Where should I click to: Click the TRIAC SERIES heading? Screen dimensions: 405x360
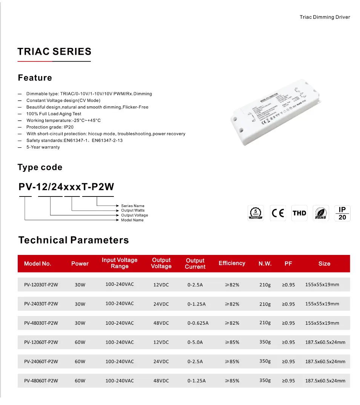(x=54, y=52)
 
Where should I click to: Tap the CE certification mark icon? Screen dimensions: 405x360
(x=278, y=213)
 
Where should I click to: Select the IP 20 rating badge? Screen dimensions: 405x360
(x=342, y=213)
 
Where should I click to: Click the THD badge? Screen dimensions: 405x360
(x=299, y=213)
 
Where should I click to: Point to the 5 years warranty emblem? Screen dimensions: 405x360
(x=256, y=213)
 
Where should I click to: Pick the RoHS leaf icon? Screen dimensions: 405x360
(x=320, y=213)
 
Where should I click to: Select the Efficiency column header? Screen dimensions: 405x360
(x=232, y=263)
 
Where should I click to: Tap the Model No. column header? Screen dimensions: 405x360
(x=38, y=264)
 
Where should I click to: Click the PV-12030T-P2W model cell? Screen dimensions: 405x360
(x=41, y=285)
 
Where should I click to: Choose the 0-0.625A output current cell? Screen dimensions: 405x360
(x=198, y=323)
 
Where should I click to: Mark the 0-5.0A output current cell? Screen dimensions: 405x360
(x=195, y=342)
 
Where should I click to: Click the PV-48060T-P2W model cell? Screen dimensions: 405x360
(x=41, y=381)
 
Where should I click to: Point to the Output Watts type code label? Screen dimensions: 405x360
(x=133, y=210)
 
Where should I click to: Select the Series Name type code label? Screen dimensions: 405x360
(x=133, y=206)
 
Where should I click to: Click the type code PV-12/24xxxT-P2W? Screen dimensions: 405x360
(x=66, y=187)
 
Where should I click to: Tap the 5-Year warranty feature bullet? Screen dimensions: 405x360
(x=43, y=147)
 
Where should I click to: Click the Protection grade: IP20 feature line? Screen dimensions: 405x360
(x=50, y=127)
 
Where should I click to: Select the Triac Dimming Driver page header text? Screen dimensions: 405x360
(x=325, y=17)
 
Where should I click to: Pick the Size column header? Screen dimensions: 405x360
(x=324, y=264)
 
